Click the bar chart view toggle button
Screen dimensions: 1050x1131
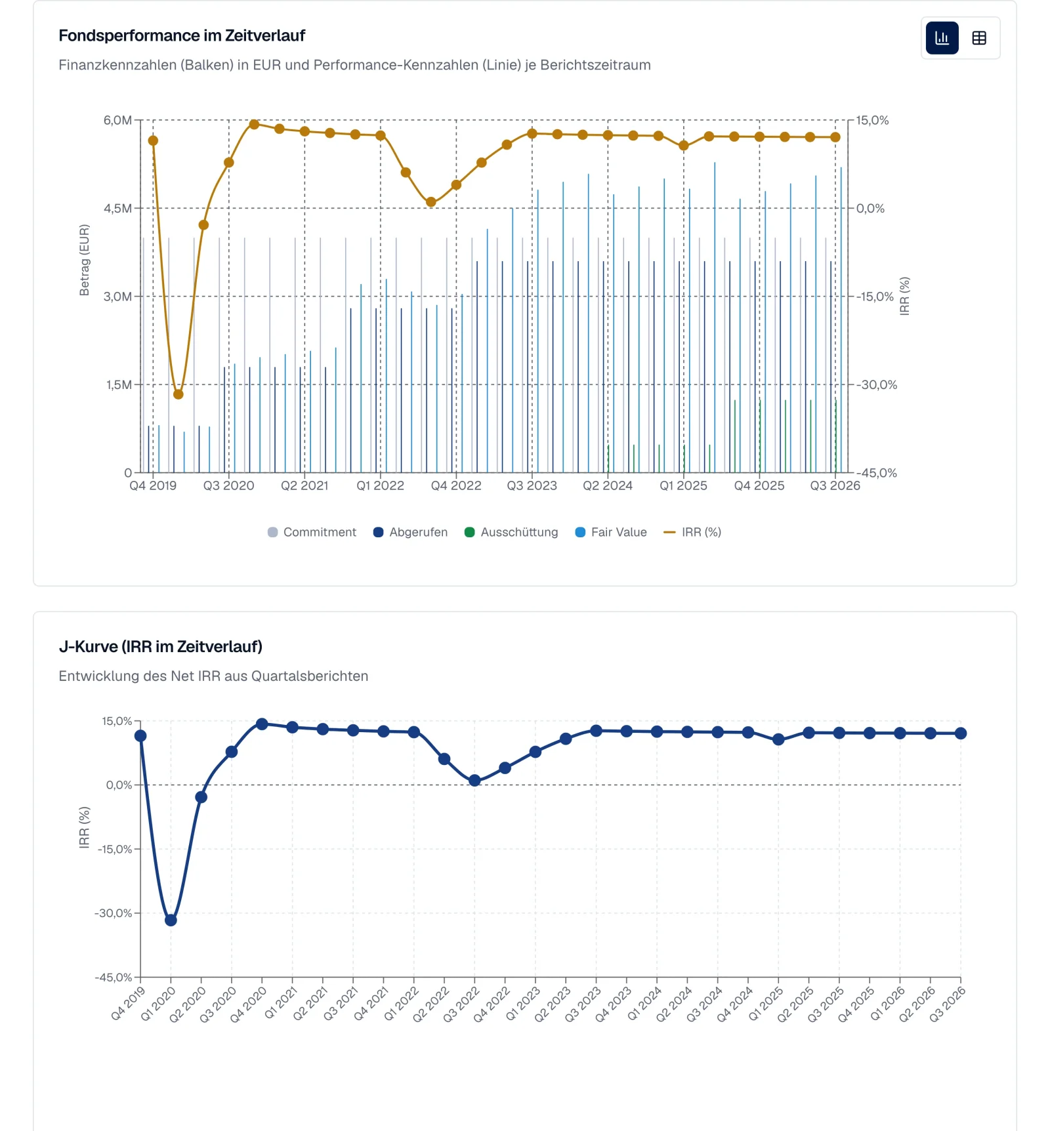point(942,38)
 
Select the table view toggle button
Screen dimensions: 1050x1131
point(979,38)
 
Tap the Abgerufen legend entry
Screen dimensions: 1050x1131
point(410,532)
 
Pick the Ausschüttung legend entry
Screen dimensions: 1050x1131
point(511,532)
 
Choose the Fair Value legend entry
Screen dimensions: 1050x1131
point(611,532)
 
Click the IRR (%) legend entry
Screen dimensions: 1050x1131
point(692,532)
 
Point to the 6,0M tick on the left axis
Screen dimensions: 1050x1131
point(117,120)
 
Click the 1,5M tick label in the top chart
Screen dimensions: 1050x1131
point(119,384)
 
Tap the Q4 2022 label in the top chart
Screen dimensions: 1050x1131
point(456,485)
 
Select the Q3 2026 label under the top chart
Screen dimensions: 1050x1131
point(835,485)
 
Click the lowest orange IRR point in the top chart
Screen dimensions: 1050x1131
point(178,394)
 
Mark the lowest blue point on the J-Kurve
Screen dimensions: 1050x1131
point(171,920)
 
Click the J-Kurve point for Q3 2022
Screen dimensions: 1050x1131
point(474,781)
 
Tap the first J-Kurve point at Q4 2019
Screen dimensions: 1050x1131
point(140,736)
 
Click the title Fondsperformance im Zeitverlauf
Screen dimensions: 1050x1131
point(182,35)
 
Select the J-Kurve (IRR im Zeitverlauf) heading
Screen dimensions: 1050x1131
point(161,647)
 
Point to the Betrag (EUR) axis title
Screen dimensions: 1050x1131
point(85,260)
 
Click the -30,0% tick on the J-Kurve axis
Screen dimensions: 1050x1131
point(113,913)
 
